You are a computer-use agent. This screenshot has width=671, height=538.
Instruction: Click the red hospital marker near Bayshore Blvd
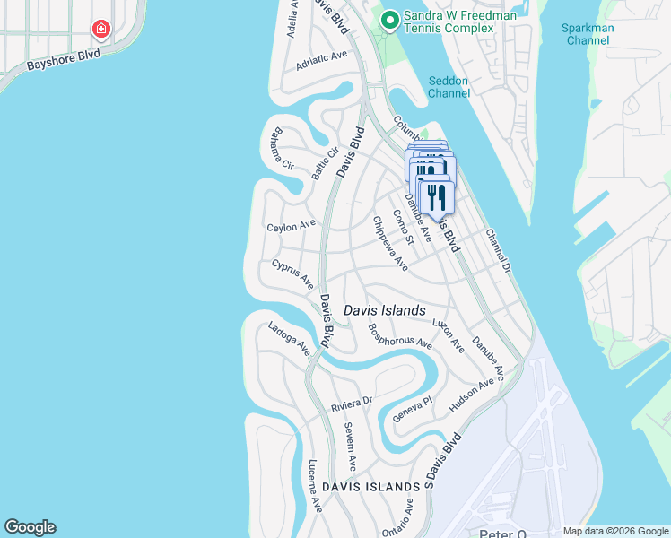[x=101, y=30]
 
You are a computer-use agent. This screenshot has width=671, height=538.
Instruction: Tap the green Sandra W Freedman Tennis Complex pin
[x=389, y=20]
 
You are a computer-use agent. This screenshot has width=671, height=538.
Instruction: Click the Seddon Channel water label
[x=449, y=86]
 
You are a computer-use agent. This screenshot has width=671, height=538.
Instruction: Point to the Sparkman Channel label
[x=588, y=34]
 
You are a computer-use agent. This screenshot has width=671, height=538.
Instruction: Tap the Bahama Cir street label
[x=276, y=149]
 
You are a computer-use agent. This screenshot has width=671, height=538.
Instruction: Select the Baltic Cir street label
[x=324, y=161]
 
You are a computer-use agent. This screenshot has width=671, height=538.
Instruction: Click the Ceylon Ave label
[x=292, y=226]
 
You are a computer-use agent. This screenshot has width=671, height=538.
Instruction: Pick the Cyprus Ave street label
[x=292, y=274]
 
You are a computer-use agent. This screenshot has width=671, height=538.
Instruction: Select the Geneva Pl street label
[x=413, y=411]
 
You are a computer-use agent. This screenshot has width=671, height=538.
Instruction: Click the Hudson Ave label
[x=472, y=395]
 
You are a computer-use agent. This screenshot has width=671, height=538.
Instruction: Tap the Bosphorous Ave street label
[x=400, y=336]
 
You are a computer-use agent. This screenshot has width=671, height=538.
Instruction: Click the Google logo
[x=30, y=527]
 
